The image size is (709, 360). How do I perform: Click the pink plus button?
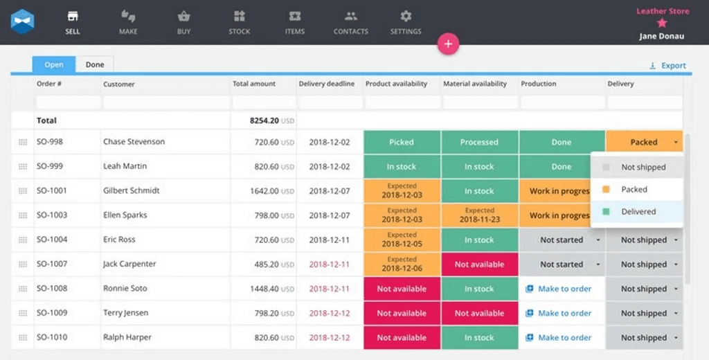pyautogui.click(x=448, y=44)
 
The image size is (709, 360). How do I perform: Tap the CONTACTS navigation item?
pyautogui.click(x=350, y=22)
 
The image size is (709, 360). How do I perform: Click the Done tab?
pyautogui.click(x=95, y=64)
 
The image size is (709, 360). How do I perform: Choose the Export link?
pyautogui.click(x=667, y=66)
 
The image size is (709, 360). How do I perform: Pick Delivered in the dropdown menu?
pyautogui.click(x=638, y=212)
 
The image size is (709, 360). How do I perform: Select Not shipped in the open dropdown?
pyautogui.click(x=643, y=167)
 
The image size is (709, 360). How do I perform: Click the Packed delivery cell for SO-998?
pyautogui.click(x=643, y=142)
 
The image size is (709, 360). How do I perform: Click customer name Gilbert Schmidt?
pyautogui.click(x=132, y=190)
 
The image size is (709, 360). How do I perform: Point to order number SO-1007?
pyautogui.click(x=52, y=264)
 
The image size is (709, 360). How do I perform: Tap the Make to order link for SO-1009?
pyautogui.click(x=564, y=313)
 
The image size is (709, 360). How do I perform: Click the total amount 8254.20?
pyautogui.click(x=264, y=120)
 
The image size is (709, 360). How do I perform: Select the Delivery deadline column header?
pyautogui.click(x=326, y=84)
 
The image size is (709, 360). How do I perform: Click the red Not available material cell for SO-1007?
pyautogui.click(x=479, y=264)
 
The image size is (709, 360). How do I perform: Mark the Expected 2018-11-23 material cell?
pyautogui.click(x=479, y=215)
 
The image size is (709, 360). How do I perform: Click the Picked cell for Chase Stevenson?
pyautogui.click(x=401, y=142)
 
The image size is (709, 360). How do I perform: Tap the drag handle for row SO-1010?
pyautogui.click(x=23, y=338)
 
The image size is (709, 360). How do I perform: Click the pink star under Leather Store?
pyautogui.click(x=662, y=23)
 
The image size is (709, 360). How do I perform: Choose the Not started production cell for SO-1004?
pyautogui.click(x=562, y=240)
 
